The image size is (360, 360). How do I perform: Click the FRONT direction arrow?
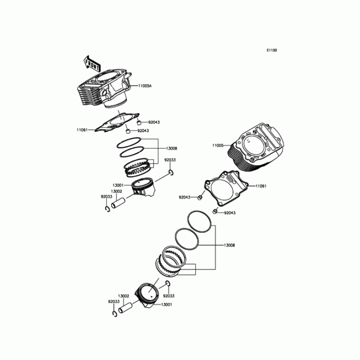tap(92, 64)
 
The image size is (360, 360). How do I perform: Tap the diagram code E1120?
tap(272, 50)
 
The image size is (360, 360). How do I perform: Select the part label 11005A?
tap(145, 86)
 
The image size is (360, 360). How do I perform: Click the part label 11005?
tap(218, 145)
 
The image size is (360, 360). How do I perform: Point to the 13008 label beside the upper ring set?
tap(171, 148)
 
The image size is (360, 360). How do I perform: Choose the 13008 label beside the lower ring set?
tap(229, 245)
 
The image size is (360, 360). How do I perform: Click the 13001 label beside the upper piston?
tap(118, 185)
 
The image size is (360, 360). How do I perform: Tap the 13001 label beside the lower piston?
tap(166, 305)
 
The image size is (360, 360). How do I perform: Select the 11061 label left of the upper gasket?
tap(82, 130)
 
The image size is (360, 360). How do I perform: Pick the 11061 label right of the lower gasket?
tap(261, 186)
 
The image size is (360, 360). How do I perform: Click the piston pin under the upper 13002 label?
tap(118, 203)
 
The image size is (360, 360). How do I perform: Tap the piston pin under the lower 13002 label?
tap(126, 308)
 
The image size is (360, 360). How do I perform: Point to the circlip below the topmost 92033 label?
tap(171, 172)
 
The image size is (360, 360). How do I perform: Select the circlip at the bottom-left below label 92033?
tap(115, 314)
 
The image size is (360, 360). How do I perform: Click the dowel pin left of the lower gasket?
tap(200, 198)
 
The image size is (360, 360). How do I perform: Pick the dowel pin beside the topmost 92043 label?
tap(139, 123)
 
